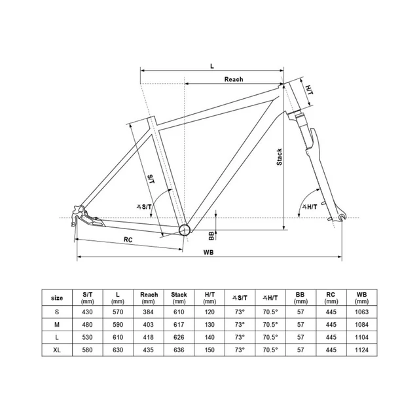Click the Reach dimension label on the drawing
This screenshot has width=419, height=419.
(x=234, y=79)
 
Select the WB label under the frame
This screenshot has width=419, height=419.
(x=209, y=252)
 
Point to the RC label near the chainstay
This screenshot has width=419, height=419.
(x=128, y=240)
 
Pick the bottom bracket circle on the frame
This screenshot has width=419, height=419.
(x=185, y=228)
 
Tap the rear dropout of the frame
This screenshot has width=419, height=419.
(x=79, y=212)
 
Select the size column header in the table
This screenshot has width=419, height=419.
(x=58, y=298)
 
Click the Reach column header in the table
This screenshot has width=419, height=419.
(x=149, y=298)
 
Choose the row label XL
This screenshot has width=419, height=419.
(x=58, y=350)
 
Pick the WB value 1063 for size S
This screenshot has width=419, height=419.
(x=361, y=312)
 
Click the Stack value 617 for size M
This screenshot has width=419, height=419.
(x=179, y=325)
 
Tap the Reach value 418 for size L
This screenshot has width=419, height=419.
(x=149, y=337)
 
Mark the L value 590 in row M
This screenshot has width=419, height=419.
(x=118, y=325)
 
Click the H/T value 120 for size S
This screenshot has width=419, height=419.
(x=209, y=312)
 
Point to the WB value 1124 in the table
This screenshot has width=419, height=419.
(x=361, y=350)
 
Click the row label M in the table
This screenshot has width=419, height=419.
(x=58, y=325)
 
